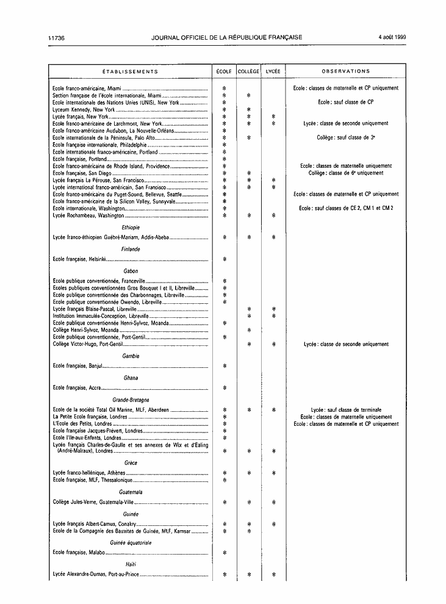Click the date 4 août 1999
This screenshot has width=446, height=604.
pyautogui.click(x=392, y=37)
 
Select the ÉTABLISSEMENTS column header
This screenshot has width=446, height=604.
pyautogui.click(x=130, y=71)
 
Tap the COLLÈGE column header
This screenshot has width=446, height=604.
pyautogui.click(x=248, y=71)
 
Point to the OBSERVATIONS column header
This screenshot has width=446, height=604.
pyautogui.click(x=346, y=71)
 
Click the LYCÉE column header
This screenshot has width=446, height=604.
pyautogui.click(x=273, y=71)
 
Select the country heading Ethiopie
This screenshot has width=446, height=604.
pyautogui.click(x=131, y=228)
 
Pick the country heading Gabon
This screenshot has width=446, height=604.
pyautogui.click(x=131, y=271)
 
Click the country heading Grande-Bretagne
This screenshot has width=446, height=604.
pyautogui.click(x=131, y=400)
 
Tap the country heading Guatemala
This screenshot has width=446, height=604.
pyautogui.click(x=131, y=492)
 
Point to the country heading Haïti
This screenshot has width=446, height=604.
pyautogui.click(x=131, y=564)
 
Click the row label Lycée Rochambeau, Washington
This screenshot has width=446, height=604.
pyautogui.click(x=88, y=215)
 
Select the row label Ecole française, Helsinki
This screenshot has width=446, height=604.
pyautogui.click(x=79, y=259)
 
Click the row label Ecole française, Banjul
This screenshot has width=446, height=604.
pyautogui.click(x=76, y=366)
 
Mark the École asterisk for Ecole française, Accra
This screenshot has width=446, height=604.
pyautogui.click(x=225, y=387)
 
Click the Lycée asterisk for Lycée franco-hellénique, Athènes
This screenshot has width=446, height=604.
pyautogui.click(x=273, y=473)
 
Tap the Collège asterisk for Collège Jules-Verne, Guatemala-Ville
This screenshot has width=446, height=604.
pyautogui.click(x=249, y=502)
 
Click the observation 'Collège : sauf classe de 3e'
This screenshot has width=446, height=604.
pyautogui.click(x=346, y=138)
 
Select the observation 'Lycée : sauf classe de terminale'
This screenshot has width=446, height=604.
pyautogui.click(x=346, y=410)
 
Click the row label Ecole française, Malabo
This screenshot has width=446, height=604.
pyautogui.click(x=78, y=553)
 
